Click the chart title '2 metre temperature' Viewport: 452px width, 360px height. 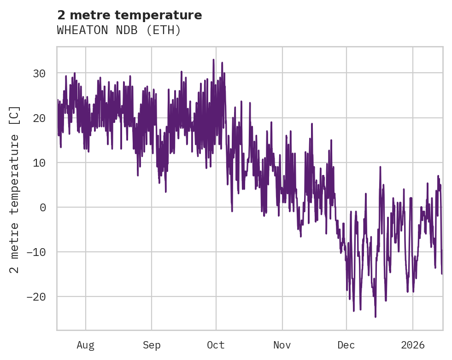(x=129, y=15)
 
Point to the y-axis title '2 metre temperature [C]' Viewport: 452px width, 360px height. (x=15, y=190)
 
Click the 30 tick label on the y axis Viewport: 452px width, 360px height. (x=40, y=74)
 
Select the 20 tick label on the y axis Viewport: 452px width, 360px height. (x=40, y=118)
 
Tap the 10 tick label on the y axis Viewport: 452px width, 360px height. (x=40, y=163)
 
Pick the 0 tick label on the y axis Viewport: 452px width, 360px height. (x=43, y=208)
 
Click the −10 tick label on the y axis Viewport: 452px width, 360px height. (x=36, y=252)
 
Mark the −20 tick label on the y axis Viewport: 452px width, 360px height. (x=36, y=297)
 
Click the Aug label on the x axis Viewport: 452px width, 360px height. (x=85, y=345)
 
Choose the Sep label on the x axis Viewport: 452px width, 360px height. (x=152, y=345)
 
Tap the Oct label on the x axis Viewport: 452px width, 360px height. (x=216, y=345)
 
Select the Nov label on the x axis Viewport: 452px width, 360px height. (x=282, y=345)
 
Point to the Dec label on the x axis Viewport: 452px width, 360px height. (x=346, y=345)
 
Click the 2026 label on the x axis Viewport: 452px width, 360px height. (x=412, y=345)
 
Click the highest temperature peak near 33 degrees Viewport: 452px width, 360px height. (x=213, y=60)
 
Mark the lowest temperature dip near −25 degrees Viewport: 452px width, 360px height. (x=376, y=317)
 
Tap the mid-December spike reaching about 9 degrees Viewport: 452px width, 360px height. (x=380, y=167)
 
